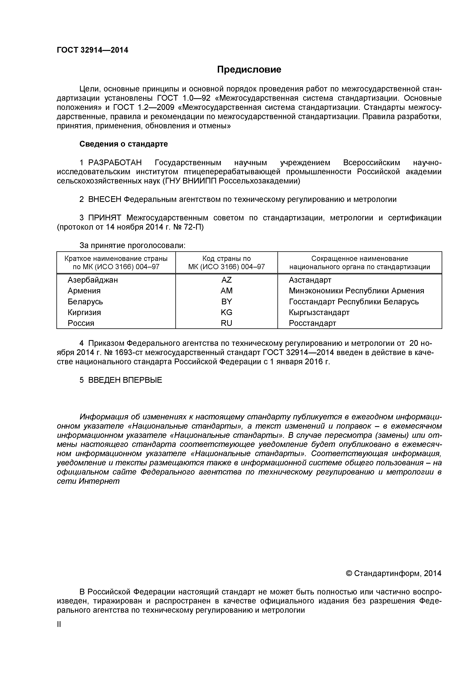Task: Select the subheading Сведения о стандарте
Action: coord(124,144)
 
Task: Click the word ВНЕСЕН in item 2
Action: coord(105,199)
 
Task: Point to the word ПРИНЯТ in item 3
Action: coord(105,218)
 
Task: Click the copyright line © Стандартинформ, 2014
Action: coord(394,573)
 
